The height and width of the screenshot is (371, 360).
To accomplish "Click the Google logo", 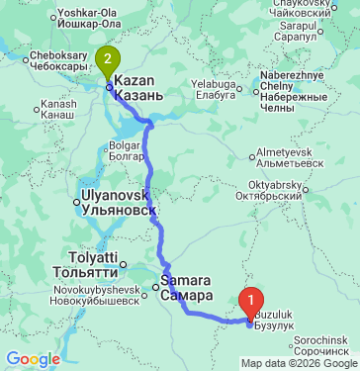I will [33, 358].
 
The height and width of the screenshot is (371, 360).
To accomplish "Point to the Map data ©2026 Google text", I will [299, 363].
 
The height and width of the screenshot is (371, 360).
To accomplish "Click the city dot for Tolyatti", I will [123, 265].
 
